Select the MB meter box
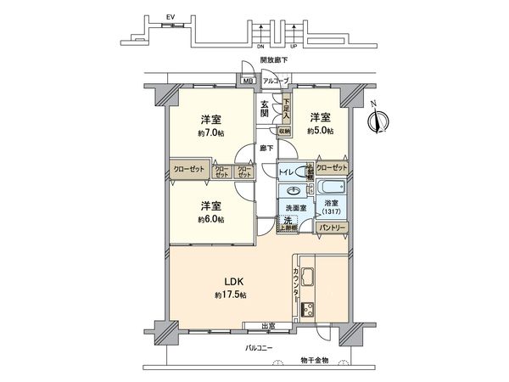248,81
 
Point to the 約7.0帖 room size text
212,133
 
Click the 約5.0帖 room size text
321,131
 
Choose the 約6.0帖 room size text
212,220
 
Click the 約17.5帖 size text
231,295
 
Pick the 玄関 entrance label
265,109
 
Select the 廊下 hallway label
266,149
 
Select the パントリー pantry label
329,228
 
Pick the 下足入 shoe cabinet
287,110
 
